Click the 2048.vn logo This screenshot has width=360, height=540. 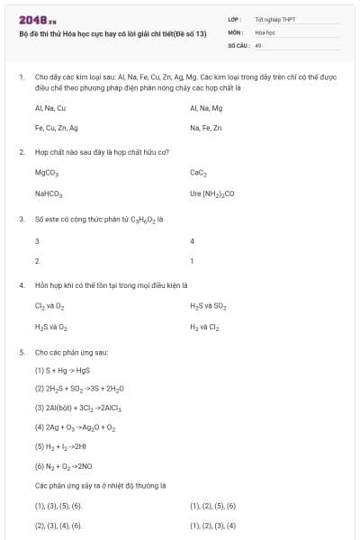pos(38,19)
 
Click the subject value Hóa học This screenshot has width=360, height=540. pos(265,31)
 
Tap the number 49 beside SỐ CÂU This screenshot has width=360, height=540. pos(258,44)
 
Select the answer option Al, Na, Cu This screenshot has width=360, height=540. pos(50,108)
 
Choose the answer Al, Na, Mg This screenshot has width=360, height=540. pos(206,108)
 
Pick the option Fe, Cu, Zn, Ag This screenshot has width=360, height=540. pos(57,128)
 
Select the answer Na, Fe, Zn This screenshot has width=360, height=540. pos(205,128)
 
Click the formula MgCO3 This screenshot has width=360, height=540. pos(47,173)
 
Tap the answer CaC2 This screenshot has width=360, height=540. pos(199,173)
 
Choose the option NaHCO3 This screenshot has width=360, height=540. pos(49,193)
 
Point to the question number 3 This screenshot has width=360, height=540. pos(21,219)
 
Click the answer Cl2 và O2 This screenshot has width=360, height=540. pos(50,306)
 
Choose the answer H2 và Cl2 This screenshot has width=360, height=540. pos(204,327)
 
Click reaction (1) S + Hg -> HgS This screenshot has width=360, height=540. pos(62,370)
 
